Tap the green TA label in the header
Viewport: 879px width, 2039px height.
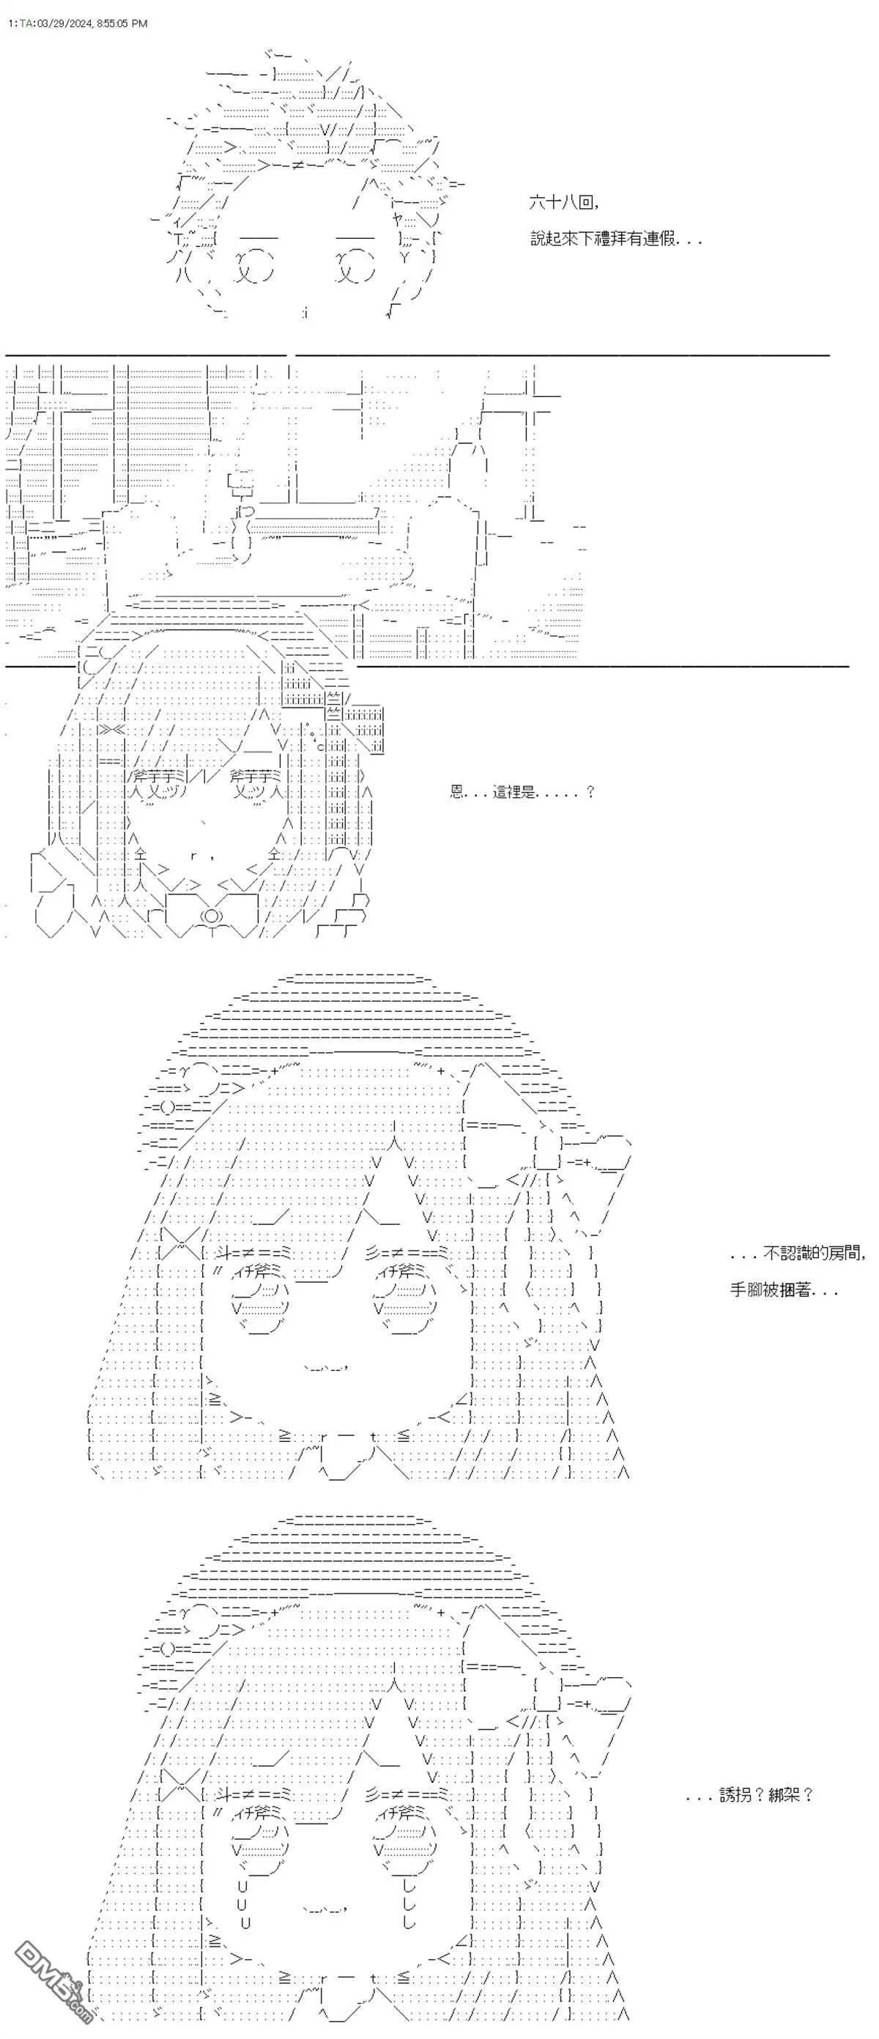coord(26,23)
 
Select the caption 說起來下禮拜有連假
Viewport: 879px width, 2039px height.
coord(615,238)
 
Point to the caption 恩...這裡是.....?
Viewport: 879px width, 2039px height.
coord(522,791)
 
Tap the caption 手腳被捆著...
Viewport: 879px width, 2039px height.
coord(783,1290)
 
